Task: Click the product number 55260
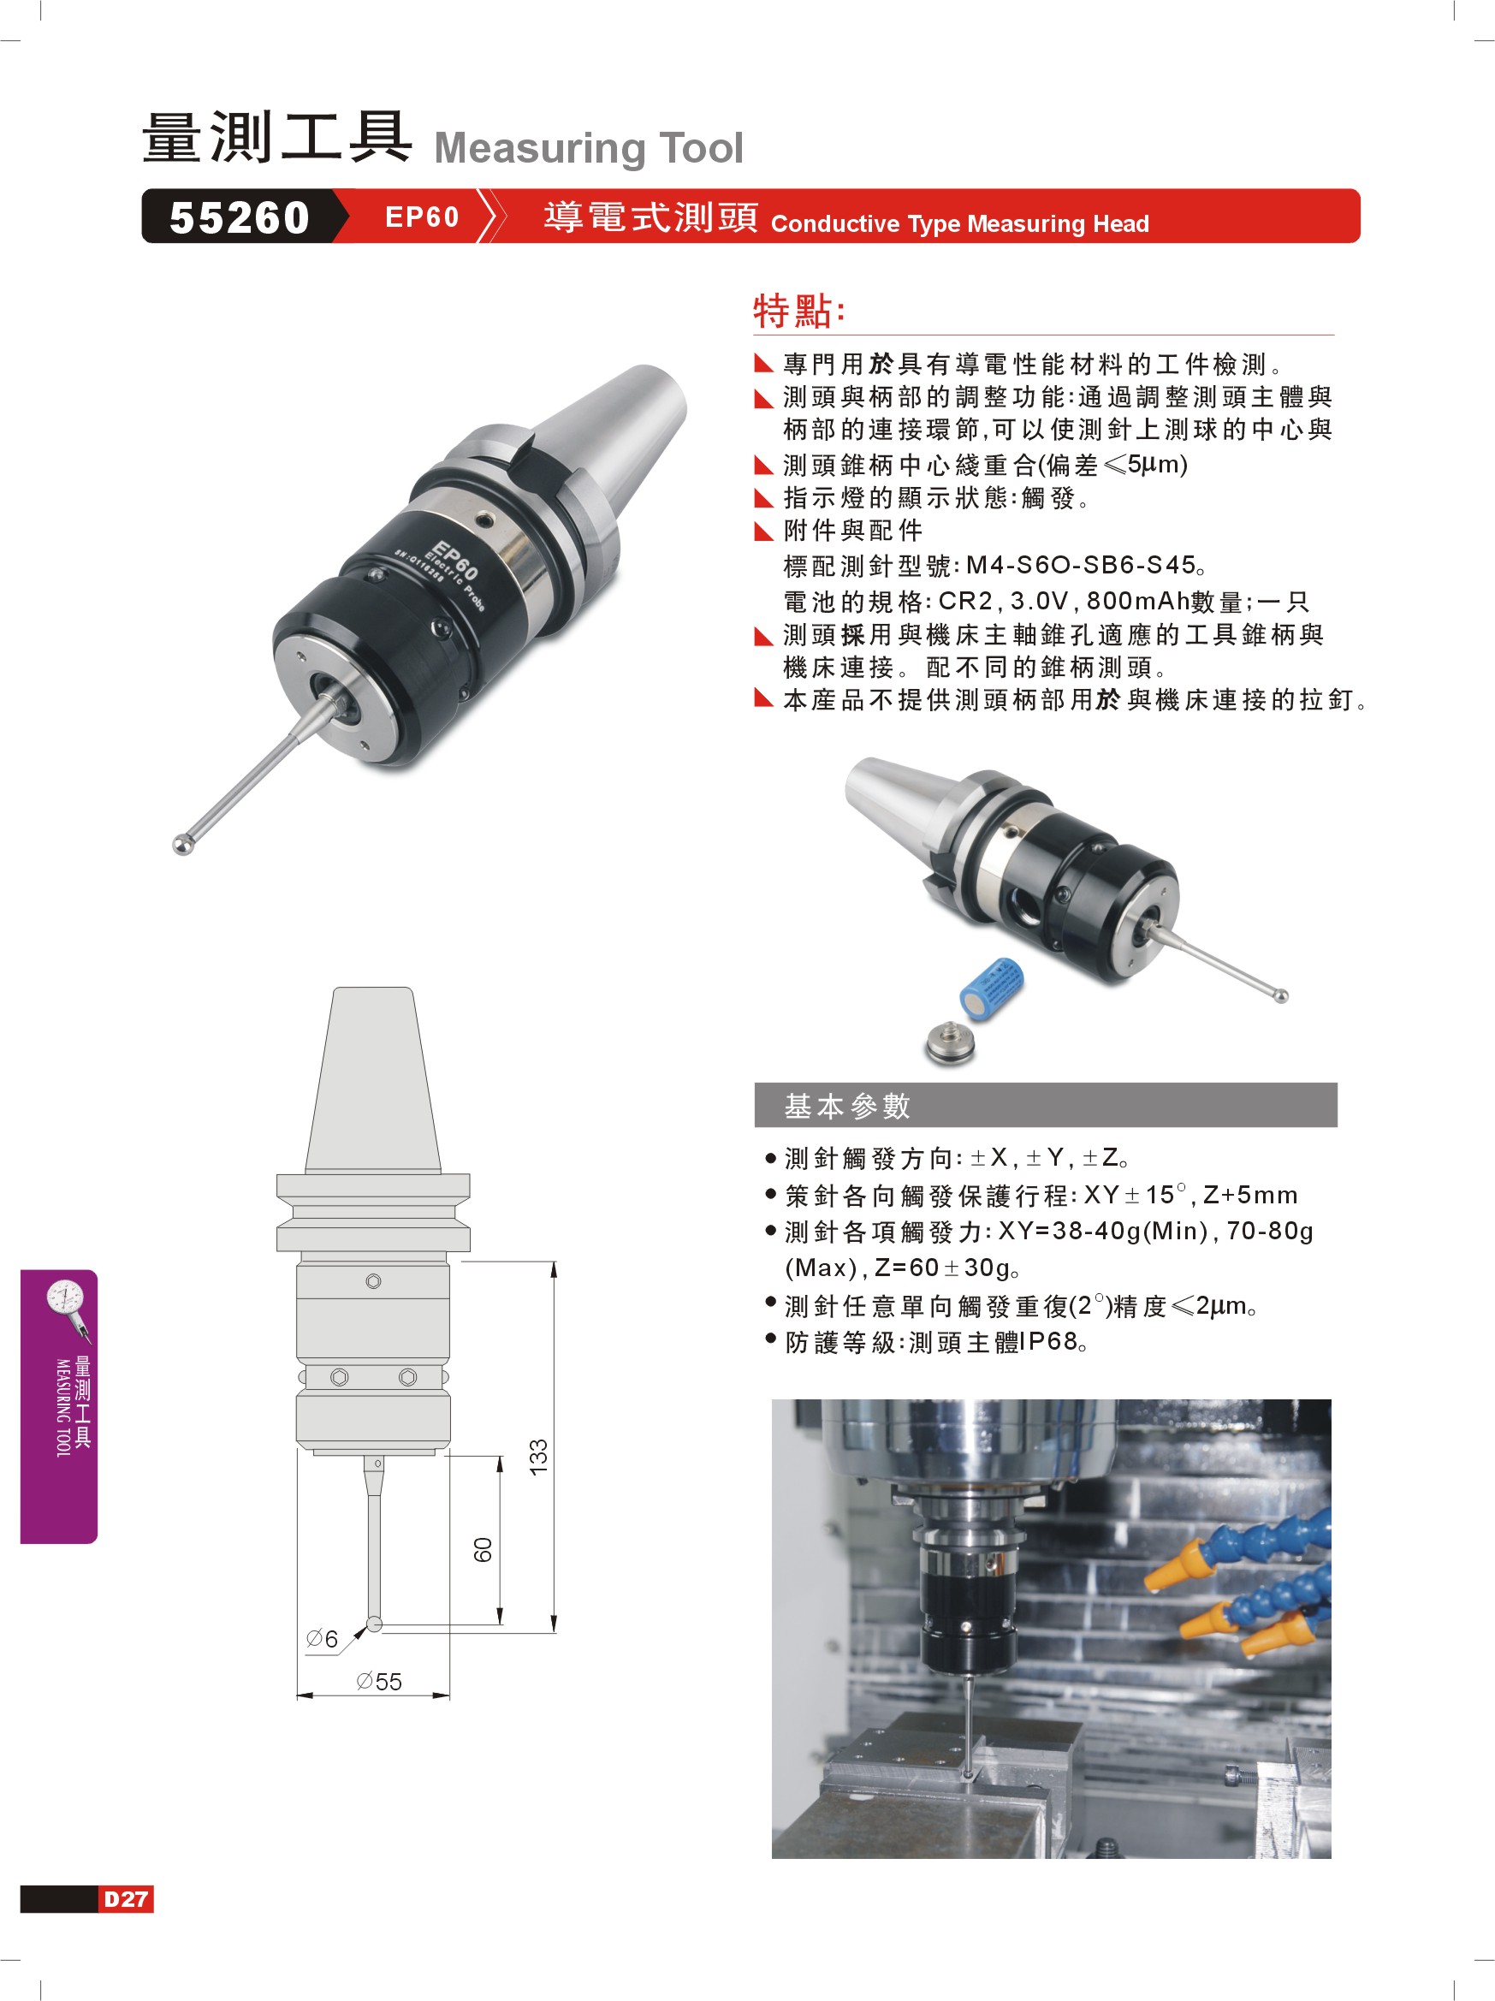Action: (x=240, y=218)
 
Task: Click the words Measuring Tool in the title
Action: (x=589, y=147)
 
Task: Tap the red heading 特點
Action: (x=799, y=311)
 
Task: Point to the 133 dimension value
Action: (x=538, y=1457)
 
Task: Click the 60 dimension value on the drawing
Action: (x=483, y=1550)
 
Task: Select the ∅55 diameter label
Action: (x=379, y=1681)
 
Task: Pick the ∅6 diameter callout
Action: (x=322, y=1638)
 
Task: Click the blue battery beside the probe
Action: (x=991, y=989)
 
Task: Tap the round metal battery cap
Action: (x=951, y=1043)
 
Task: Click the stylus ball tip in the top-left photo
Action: (x=182, y=845)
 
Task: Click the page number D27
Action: (x=126, y=1899)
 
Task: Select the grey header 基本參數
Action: (x=847, y=1106)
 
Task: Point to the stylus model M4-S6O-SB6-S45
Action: (x=1081, y=566)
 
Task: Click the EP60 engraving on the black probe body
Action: (x=455, y=560)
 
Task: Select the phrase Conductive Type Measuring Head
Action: (x=959, y=223)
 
